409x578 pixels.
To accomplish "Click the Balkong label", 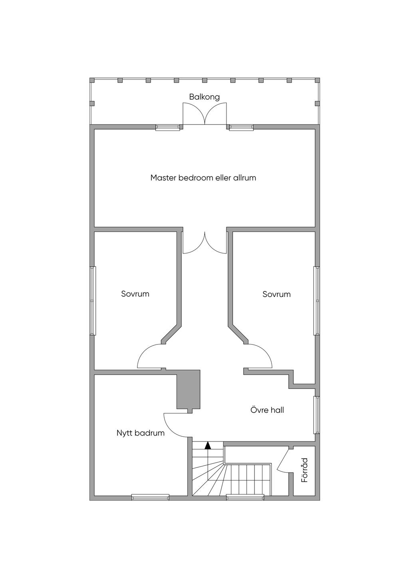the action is [x=204, y=97].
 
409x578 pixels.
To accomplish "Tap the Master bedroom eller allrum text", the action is [x=203, y=178].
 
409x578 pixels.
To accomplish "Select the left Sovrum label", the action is [x=135, y=294].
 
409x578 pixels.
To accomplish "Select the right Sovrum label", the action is [x=276, y=294].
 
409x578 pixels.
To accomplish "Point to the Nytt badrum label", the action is [x=141, y=433].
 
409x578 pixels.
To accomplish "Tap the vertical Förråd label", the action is [x=305, y=470].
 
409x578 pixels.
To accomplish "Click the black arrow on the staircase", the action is [x=208, y=445].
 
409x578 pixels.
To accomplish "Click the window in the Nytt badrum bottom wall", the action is [x=150, y=497].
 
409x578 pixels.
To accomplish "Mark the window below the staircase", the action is [x=245, y=497].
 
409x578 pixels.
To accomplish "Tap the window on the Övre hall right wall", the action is [x=317, y=415].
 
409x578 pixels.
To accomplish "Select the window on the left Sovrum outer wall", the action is [x=93, y=301].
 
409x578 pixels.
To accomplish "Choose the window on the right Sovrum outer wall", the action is [x=317, y=301].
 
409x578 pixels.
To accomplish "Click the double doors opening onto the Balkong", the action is [x=205, y=113].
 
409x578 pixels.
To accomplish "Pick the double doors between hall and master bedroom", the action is [x=205, y=242].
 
